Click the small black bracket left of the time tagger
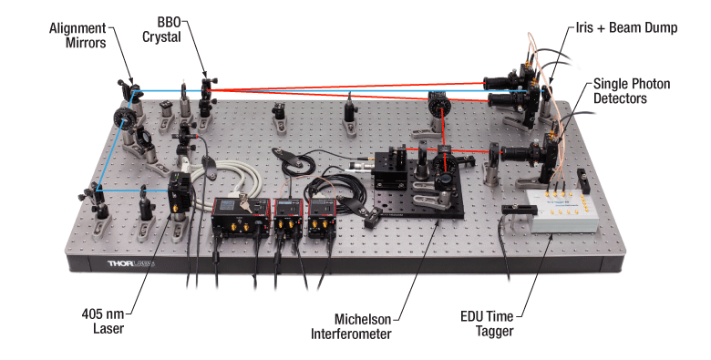coord(514,211)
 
